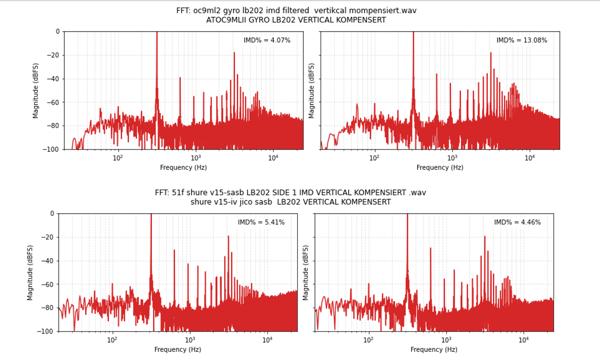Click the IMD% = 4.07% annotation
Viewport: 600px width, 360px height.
coord(267,40)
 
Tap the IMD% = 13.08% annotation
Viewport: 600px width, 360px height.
coord(521,40)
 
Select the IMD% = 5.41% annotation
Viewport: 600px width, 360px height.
coord(261,222)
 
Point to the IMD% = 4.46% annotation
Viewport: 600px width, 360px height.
coord(517,222)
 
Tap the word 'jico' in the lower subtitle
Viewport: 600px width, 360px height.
coord(246,202)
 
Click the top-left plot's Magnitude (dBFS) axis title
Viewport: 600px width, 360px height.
coord(36,91)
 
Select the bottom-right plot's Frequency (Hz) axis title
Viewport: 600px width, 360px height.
coord(434,350)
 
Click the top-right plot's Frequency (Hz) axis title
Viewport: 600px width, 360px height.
coord(440,168)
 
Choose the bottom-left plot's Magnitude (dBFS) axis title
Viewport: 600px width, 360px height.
coord(30,272)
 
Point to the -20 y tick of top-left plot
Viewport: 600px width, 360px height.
coord(54,55)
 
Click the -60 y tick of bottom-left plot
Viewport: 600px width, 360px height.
coord(48,284)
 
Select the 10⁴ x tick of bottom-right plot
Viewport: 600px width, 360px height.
coord(524,340)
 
